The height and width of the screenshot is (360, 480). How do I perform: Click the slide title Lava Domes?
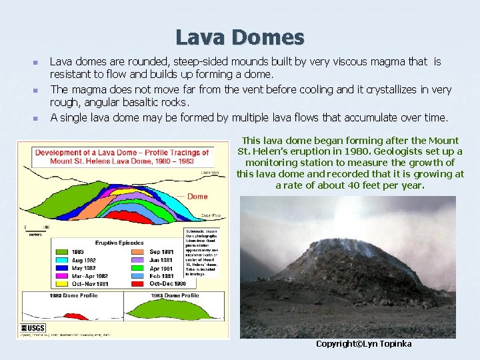coord(240,37)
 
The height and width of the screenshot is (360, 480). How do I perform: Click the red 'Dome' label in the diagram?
coord(197,197)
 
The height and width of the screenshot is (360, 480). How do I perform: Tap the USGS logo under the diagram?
coord(33,329)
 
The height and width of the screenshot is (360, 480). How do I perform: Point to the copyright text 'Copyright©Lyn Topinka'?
coord(363,344)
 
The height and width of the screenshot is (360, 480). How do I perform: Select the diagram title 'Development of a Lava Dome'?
coord(121,153)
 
